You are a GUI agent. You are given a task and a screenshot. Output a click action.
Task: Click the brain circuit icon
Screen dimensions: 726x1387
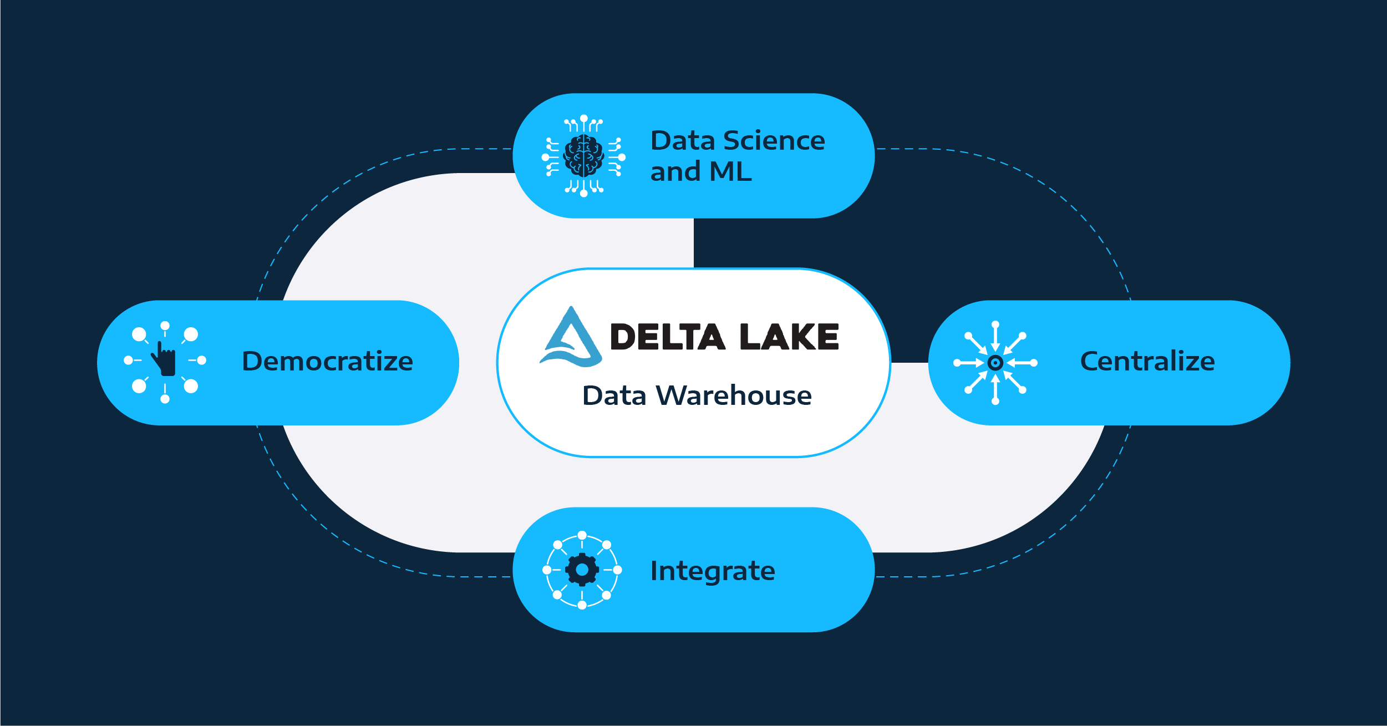(x=583, y=156)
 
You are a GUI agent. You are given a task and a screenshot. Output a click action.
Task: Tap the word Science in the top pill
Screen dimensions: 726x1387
(x=774, y=140)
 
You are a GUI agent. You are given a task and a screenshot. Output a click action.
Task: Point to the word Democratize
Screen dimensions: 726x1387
(x=327, y=361)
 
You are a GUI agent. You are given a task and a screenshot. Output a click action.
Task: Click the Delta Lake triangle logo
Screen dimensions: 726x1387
(x=571, y=338)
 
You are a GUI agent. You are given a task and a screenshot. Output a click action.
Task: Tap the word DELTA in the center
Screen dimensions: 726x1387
(x=667, y=337)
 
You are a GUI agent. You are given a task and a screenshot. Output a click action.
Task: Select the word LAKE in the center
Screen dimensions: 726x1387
(x=789, y=337)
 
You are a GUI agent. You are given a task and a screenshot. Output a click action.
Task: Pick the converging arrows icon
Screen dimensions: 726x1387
(x=995, y=363)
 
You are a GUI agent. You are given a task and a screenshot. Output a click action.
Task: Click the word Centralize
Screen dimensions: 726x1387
(x=1147, y=361)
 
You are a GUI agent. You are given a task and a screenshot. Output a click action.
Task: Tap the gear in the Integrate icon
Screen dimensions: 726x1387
(x=582, y=570)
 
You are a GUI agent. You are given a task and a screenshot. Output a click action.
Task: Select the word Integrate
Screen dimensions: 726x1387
(x=713, y=571)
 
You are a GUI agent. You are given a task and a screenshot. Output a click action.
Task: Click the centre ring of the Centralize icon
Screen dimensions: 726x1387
(x=995, y=363)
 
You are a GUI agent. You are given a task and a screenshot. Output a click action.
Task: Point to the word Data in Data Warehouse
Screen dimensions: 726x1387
(x=614, y=395)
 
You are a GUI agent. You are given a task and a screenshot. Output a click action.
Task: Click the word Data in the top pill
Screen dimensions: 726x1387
(x=682, y=140)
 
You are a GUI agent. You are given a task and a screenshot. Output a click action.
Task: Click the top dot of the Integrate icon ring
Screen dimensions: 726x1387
(x=582, y=535)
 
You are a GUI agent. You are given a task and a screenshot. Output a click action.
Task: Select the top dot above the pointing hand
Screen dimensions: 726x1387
(x=165, y=326)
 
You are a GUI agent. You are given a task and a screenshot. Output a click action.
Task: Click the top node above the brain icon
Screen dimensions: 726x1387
(x=583, y=118)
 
